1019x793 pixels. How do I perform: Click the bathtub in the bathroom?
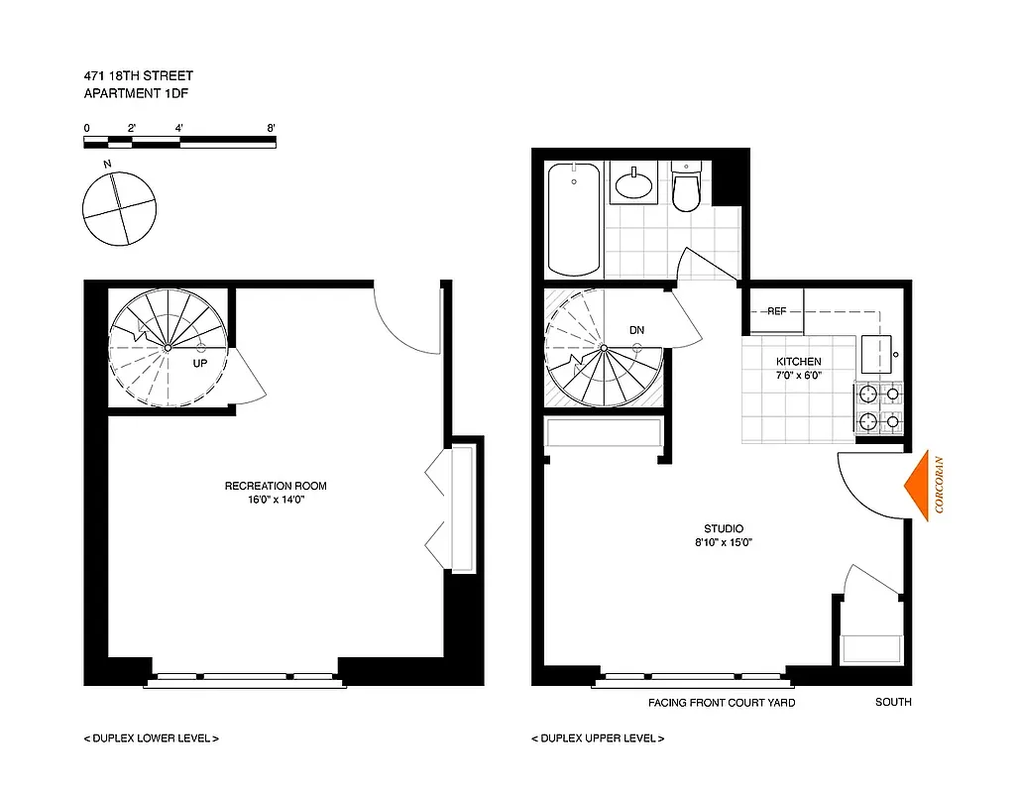574,219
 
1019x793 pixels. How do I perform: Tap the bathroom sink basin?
632,184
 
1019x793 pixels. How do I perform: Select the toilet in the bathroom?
685,189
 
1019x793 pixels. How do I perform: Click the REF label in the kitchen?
776,311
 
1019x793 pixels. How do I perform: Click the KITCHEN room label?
799,362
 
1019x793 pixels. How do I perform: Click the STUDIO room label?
724,529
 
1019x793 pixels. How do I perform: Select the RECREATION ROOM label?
276,486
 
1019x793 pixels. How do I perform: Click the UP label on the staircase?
200,364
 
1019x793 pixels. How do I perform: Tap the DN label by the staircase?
636,330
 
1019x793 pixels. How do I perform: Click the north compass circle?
119,208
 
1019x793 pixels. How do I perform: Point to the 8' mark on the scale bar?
271,128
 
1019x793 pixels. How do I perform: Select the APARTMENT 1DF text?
130,94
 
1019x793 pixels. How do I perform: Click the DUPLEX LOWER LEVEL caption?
151,738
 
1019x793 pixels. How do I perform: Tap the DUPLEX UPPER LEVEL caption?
598,738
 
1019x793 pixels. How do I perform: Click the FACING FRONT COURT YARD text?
721,703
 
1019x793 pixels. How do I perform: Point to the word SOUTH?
893,703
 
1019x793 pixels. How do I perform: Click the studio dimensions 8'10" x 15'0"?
724,543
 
